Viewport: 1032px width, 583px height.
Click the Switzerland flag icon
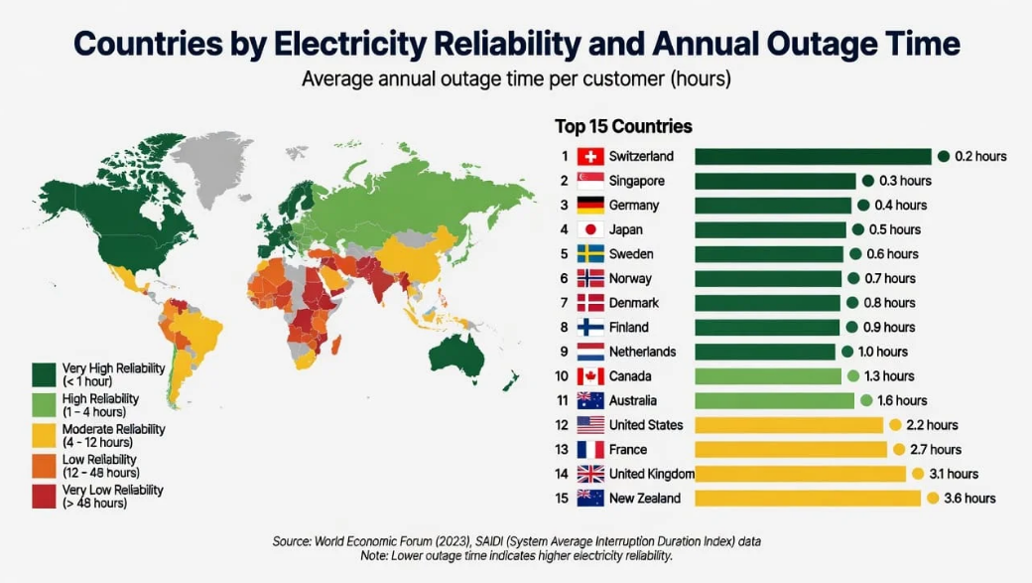[590, 156]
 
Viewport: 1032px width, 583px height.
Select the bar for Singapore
[775, 181]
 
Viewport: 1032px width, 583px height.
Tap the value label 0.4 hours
[900, 205]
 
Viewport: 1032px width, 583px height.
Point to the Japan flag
[590, 229]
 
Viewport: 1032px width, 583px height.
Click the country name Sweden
[631, 253]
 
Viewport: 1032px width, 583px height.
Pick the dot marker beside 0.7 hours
[853, 278]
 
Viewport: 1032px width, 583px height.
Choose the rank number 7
[564, 302]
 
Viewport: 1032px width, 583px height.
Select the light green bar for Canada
[768, 376]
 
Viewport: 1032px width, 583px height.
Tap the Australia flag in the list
[590, 400]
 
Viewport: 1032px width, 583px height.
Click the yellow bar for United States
[789, 425]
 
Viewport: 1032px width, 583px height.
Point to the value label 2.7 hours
[936, 449]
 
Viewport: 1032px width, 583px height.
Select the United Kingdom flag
[590, 474]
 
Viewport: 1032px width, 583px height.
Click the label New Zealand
[645, 498]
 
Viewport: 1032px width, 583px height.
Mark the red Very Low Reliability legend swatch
[44, 496]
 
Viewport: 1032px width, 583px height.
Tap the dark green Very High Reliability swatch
[44, 374]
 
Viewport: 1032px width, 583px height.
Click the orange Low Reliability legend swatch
[44, 466]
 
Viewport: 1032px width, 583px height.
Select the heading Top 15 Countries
[623, 126]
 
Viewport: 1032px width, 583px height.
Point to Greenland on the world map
[209, 166]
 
